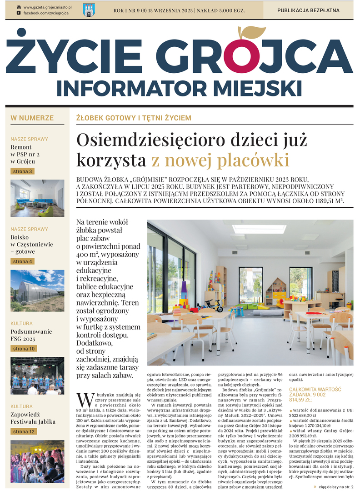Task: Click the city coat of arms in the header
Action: click(x=89, y=10)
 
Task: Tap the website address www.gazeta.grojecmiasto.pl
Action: click(x=44, y=7)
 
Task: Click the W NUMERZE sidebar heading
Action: click(x=32, y=118)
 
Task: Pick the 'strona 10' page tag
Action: click(x=24, y=349)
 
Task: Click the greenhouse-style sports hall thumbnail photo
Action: click(x=37, y=291)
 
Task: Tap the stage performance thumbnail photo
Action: click(x=37, y=375)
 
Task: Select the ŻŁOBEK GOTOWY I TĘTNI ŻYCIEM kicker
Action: click(x=134, y=118)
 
